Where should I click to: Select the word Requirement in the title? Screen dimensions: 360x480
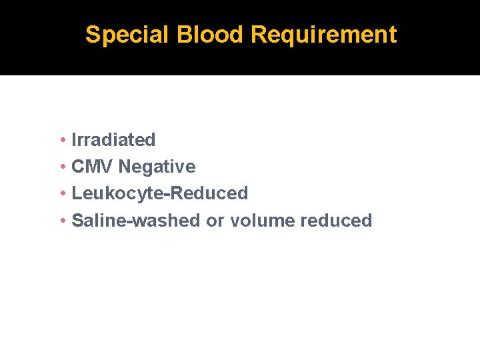click(x=323, y=35)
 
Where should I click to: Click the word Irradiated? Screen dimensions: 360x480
click(x=113, y=140)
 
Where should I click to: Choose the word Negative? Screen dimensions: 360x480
click(x=157, y=167)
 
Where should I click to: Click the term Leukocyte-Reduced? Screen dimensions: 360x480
click(x=159, y=193)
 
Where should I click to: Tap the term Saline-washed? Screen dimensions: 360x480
click(x=135, y=220)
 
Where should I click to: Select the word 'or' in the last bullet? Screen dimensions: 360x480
click(x=215, y=221)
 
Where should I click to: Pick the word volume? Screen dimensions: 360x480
click(x=262, y=220)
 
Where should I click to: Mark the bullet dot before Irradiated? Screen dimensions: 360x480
click(x=61, y=140)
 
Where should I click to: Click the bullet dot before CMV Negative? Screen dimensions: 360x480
click(x=61, y=167)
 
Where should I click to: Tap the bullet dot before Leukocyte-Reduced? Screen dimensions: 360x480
click(x=61, y=193)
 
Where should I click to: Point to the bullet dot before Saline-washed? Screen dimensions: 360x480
click(x=61, y=220)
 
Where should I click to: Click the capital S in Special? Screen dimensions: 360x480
click(x=93, y=35)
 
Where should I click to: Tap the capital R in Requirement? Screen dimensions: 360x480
click(x=259, y=35)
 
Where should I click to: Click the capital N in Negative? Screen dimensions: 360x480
click(x=124, y=167)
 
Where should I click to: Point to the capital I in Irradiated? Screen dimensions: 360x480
click(x=74, y=140)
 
